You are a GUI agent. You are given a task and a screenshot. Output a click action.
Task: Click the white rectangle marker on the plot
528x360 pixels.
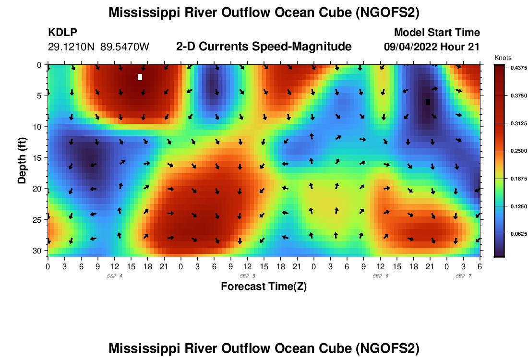(x=140, y=77)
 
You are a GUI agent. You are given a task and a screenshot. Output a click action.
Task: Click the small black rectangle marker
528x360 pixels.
(x=428, y=102)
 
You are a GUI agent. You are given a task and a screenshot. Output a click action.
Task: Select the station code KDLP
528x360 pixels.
(x=63, y=33)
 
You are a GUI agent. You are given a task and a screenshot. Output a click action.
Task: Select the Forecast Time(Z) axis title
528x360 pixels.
(x=264, y=287)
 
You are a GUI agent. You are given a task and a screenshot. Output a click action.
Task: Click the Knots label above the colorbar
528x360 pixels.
(x=503, y=58)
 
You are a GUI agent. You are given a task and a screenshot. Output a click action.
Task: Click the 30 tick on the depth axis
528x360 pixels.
(x=39, y=251)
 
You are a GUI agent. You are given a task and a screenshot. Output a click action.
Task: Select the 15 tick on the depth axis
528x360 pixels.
(x=39, y=157)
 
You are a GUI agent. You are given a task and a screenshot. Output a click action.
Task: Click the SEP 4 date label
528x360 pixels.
(x=114, y=276)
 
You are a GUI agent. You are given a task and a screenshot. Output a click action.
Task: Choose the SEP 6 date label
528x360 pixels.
(x=381, y=276)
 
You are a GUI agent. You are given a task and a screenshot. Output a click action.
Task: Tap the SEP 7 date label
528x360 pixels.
(x=464, y=276)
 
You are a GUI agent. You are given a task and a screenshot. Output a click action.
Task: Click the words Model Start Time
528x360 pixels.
(x=436, y=33)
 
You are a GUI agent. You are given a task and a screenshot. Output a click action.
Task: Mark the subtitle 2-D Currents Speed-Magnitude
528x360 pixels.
(x=264, y=47)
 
